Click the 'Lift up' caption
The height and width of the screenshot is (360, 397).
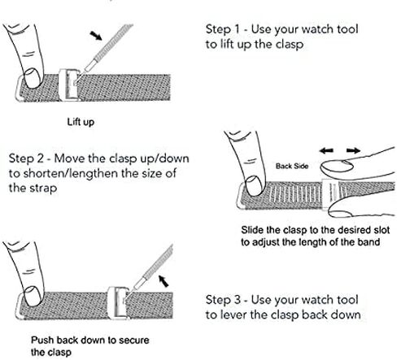point(81,122)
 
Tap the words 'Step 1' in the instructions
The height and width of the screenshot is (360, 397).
point(223,29)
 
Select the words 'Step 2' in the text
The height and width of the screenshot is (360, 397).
point(26,158)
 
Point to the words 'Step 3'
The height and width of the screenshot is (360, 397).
point(223,300)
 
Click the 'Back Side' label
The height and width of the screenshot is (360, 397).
point(292,166)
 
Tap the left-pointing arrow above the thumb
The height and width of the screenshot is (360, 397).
point(326,150)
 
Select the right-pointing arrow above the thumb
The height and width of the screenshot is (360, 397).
point(353,150)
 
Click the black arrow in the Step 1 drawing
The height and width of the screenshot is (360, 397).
point(96,36)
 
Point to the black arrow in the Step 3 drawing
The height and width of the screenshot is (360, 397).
point(164,281)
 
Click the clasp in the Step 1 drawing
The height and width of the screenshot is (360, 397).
point(69,85)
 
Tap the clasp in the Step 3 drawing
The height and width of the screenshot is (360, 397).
point(118,303)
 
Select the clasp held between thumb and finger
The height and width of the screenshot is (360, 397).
point(329,195)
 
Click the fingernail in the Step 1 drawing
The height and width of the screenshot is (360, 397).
point(32,78)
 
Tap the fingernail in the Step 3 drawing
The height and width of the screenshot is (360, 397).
point(32,297)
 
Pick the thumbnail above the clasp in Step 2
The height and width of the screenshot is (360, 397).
point(337,167)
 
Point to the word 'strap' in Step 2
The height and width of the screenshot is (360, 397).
point(43,189)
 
